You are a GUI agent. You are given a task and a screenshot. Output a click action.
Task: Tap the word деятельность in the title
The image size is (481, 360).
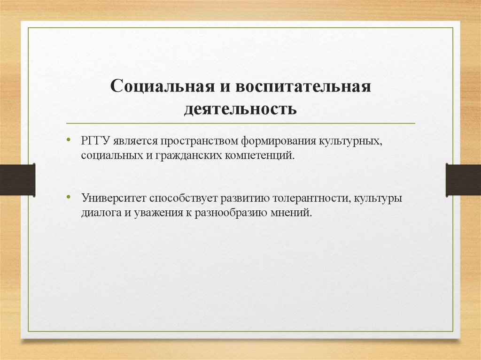(240, 109)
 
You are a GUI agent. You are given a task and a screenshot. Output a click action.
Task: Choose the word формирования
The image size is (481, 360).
(279, 140)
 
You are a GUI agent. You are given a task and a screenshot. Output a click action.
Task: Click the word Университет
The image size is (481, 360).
(109, 198)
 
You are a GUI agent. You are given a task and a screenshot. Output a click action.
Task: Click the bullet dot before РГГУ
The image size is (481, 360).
(69, 139)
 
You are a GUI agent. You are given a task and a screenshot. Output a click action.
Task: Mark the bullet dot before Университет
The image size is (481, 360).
(69, 197)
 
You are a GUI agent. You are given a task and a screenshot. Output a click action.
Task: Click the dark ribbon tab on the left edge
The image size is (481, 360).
(17, 179)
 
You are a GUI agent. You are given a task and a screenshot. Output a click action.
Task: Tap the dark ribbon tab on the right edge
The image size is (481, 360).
(463, 179)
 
